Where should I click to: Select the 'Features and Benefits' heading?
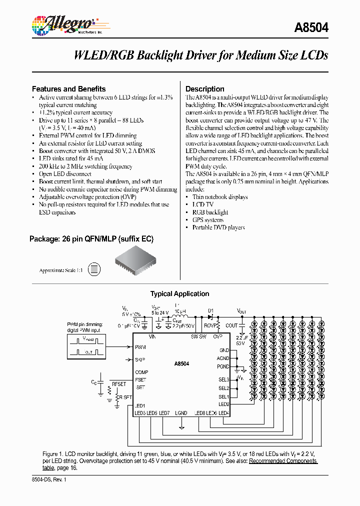[68, 88]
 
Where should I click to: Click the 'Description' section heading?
[205, 89]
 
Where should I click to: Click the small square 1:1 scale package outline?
[93, 270]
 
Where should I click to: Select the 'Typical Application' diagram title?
[179, 294]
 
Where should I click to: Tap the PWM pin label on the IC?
[140, 347]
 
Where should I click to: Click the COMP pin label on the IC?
[141, 372]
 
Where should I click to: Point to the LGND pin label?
[181, 413]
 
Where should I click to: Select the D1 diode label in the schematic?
[210, 310]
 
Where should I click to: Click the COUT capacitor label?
[231, 325]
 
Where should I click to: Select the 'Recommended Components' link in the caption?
[283, 461]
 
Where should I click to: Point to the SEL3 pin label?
[223, 380]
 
